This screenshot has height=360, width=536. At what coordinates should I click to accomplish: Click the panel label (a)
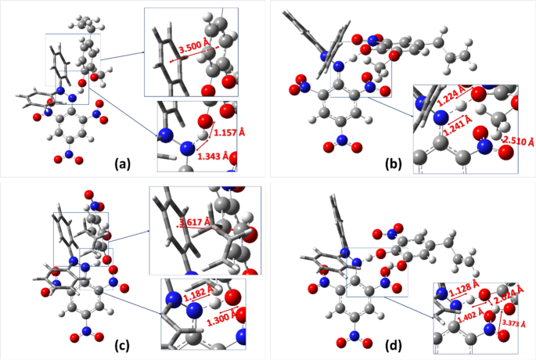pyautogui.click(x=122, y=164)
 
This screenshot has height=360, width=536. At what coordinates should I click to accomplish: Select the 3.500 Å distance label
pyautogui.click(x=194, y=49)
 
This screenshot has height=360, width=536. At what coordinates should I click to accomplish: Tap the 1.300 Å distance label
pyautogui.click(x=218, y=319)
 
